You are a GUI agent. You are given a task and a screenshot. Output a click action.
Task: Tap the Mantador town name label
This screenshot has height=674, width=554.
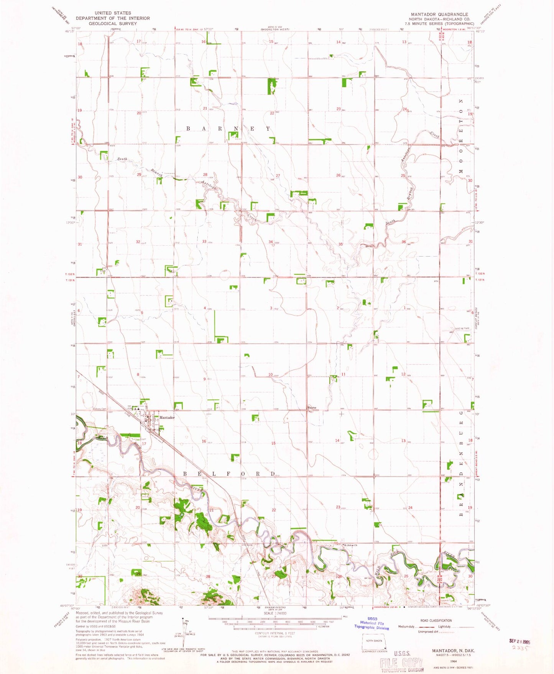click(x=167, y=417)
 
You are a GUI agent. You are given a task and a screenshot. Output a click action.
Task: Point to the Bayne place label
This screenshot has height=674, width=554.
click(x=312, y=408)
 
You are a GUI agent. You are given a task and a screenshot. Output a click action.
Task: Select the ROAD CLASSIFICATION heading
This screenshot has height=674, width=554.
click(x=436, y=620)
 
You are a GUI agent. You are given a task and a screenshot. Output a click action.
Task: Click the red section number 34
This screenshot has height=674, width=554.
click(x=271, y=242)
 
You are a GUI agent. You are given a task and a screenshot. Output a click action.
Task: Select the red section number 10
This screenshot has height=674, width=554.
click(x=270, y=375)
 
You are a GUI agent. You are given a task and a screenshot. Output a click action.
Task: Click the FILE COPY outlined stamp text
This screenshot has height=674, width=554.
click(x=401, y=662)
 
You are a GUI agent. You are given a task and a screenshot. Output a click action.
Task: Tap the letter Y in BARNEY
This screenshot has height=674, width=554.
click(x=268, y=129)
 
